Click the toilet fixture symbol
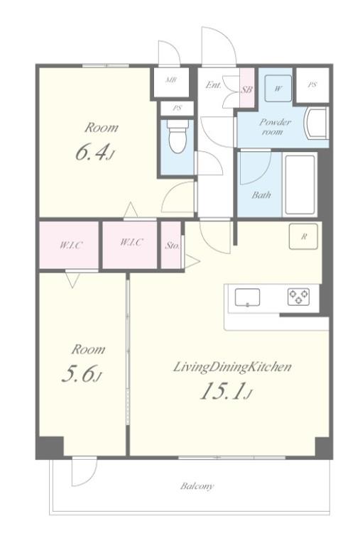click(177, 136)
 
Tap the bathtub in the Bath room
click(300, 185)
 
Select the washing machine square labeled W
click(278, 88)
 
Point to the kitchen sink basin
click(247, 297)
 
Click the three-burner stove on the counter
click(298, 297)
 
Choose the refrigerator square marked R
click(303, 237)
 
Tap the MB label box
click(170, 80)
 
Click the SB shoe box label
click(246, 89)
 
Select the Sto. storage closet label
click(173, 246)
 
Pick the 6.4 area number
click(91, 152)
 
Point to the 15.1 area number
click(222, 391)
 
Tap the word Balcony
click(197, 486)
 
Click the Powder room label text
click(275, 127)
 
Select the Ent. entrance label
click(213, 84)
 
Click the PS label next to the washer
click(312, 84)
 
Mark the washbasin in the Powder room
click(315, 123)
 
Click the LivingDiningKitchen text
click(232, 367)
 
